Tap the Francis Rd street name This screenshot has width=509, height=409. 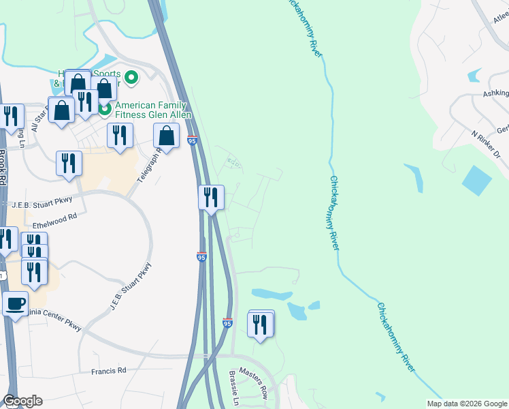click(109, 371)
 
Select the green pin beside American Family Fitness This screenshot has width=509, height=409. click(105, 108)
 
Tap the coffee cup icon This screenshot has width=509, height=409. click(15, 304)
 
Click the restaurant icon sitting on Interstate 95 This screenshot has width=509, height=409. click(211, 198)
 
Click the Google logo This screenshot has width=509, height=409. click(22, 402)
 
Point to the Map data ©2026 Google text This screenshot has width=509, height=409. click(466, 404)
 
